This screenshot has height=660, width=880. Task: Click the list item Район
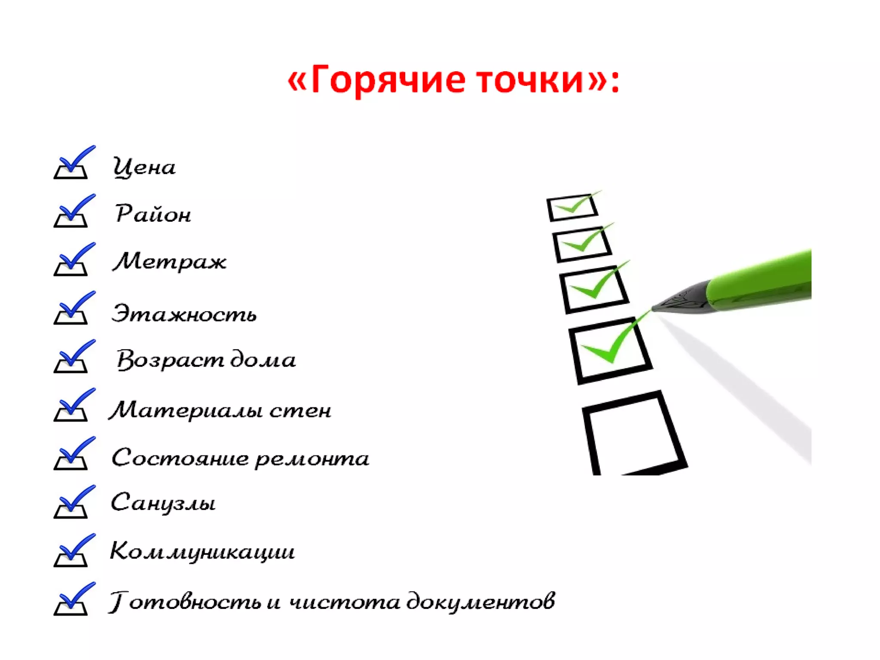(153, 214)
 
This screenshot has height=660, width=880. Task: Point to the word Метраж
(169, 261)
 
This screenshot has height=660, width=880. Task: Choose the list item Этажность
(184, 313)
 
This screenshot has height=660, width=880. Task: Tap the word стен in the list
(300, 410)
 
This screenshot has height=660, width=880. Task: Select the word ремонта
(312, 458)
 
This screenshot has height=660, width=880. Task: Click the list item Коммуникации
(202, 551)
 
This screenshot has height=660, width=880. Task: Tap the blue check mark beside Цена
(73, 162)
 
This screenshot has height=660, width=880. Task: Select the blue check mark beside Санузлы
(73, 502)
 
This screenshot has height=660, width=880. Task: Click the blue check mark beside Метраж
(73, 260)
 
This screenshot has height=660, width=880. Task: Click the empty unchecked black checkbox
(632, 434)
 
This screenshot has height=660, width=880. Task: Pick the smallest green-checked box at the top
(572, 208)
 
